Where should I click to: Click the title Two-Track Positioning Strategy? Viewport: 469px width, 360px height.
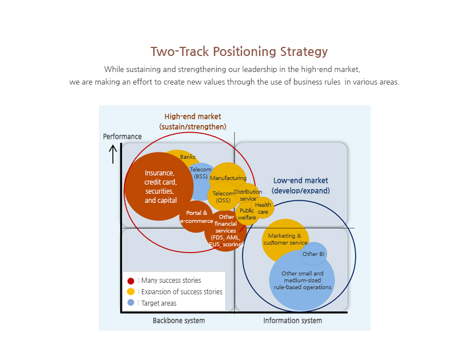(239, 52)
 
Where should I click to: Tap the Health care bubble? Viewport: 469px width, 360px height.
(263, 208)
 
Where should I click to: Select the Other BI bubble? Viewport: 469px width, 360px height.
(313, 254)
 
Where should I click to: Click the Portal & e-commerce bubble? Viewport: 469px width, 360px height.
(196, 217)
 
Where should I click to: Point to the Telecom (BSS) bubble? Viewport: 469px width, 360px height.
(201, 173)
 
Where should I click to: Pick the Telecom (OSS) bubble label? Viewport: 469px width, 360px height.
(223, 197)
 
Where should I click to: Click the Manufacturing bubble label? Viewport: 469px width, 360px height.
(228, 178)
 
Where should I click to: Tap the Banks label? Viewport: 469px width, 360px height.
(188, 157)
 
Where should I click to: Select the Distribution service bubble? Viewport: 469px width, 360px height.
(248, 195)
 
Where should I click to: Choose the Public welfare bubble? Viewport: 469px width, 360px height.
(247, 214)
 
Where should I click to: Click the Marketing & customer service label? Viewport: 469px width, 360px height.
(285, 239)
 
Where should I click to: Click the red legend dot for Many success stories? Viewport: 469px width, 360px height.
(131, 281)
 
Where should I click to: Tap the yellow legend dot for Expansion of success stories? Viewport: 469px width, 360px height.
(131, 291)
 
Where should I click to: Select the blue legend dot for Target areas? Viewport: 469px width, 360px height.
(131, 303)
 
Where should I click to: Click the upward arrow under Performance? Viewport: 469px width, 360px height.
(113, 154)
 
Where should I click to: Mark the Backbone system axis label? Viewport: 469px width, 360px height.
(178, 321)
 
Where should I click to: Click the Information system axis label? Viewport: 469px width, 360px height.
(292, 321)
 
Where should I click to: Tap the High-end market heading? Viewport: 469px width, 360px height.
(193, 121)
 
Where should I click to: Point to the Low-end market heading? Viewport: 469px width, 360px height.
(301, 186)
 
